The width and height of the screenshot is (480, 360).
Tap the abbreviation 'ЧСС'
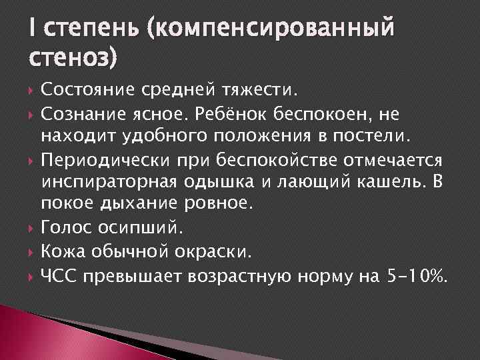click(59, 275)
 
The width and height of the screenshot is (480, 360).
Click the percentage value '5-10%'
click(414, 275)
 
